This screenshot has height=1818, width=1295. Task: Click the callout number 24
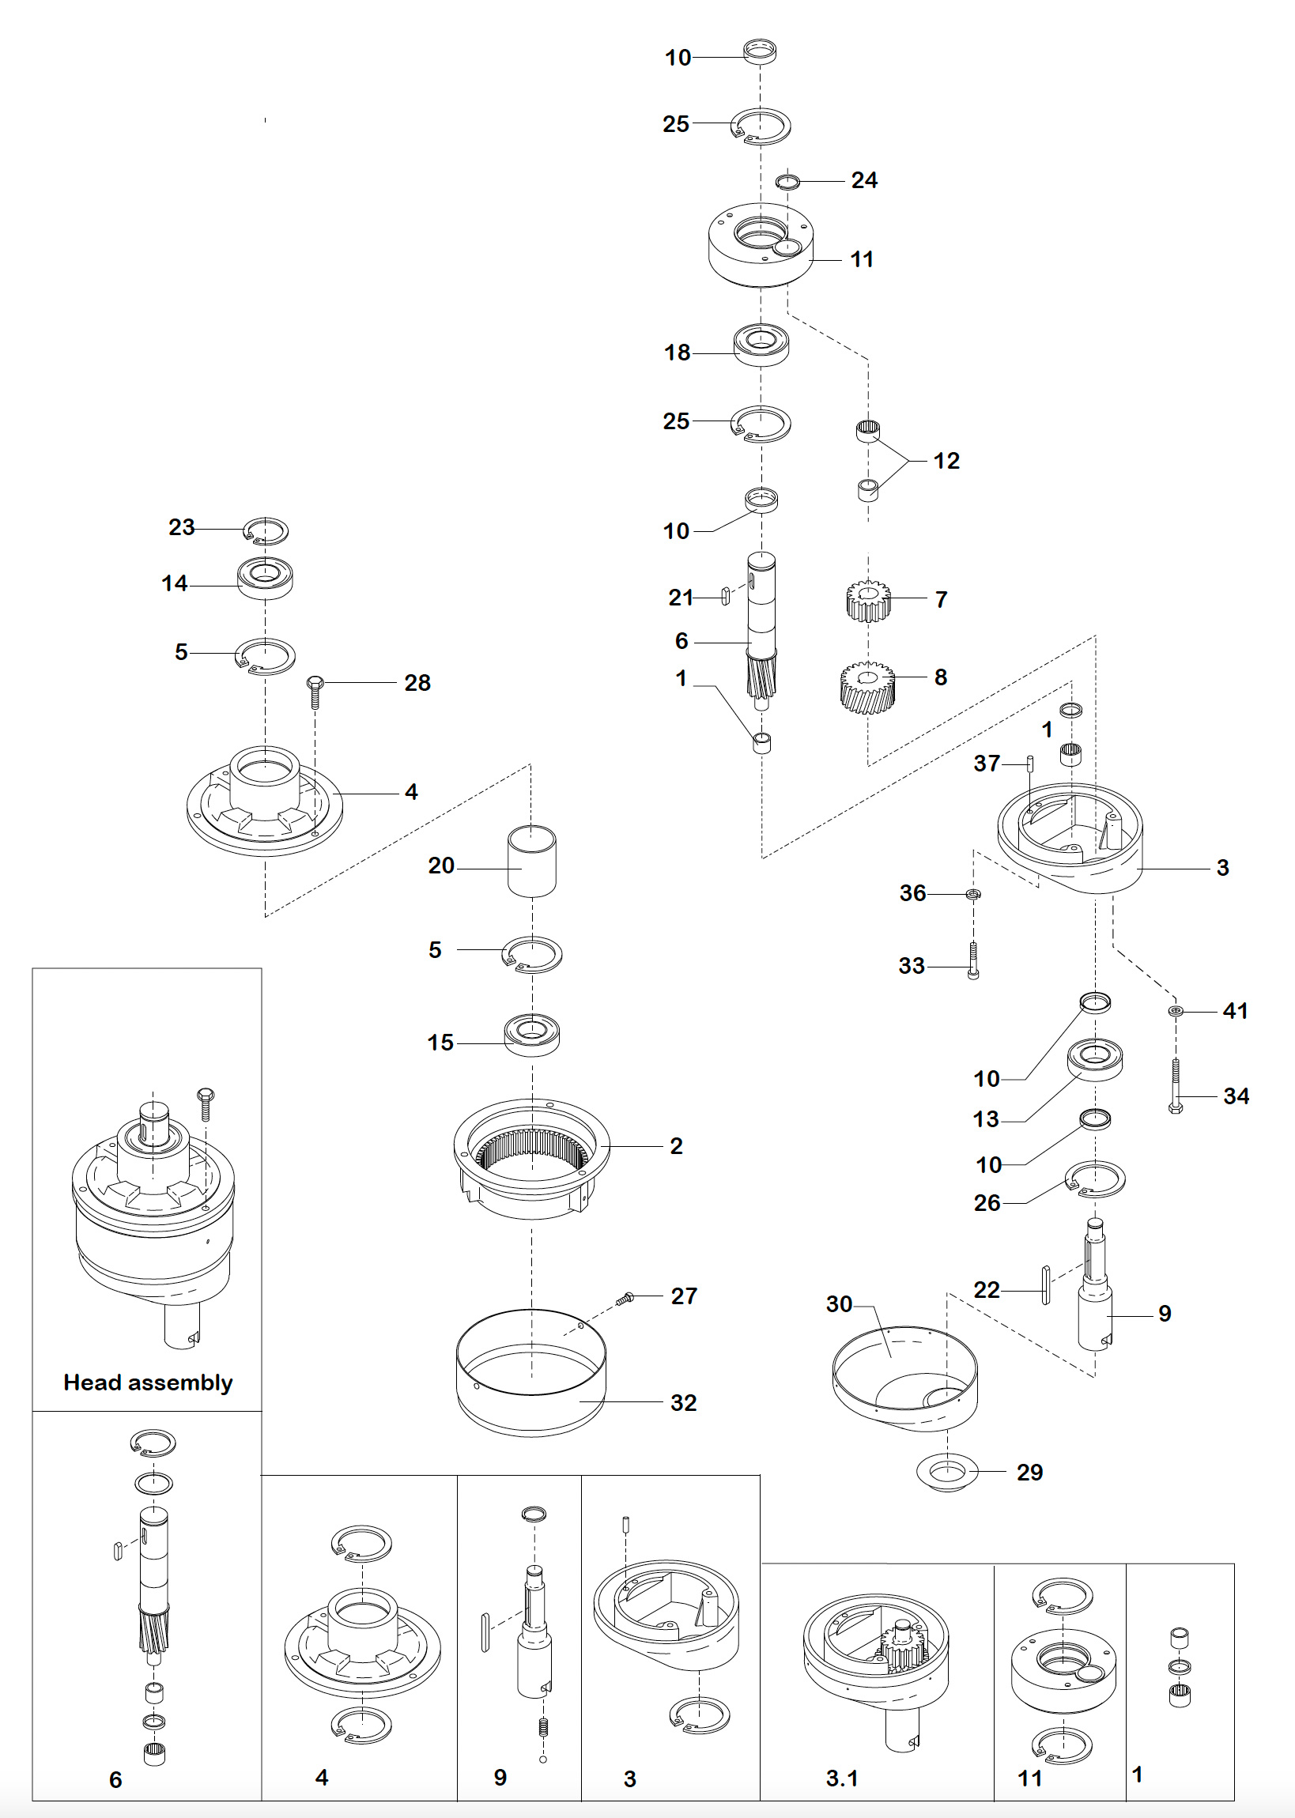click(863, 180)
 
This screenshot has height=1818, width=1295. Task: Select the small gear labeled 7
click(867, 600)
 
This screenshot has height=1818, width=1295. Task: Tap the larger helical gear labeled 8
click(866, 686)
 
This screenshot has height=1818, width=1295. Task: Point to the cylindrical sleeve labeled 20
click(532, 861)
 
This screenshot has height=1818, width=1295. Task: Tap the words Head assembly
click(149, 1382)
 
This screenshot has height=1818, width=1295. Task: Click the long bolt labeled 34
click(1175, 1085)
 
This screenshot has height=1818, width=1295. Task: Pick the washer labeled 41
click(1176, 1011)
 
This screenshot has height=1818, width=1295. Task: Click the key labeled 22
click(1045, 1284)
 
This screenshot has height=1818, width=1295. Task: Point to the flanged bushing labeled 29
click(947, 1472)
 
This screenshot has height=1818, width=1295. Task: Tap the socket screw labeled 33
click(973, 960)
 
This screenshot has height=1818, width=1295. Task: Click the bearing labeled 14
click(266, 578)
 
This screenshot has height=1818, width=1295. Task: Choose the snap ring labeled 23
click(266, 530)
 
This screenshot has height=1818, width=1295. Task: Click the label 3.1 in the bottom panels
click(841, 1778)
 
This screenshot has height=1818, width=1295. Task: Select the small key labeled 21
click(725, 596)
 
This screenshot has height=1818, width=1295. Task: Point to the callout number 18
click(677, 353)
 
